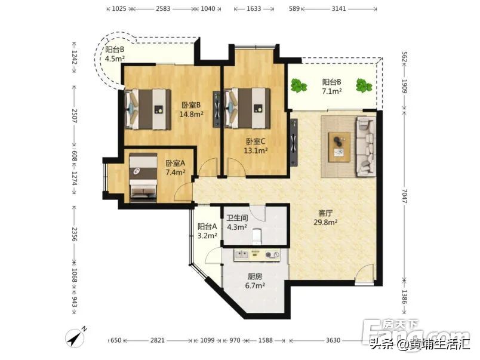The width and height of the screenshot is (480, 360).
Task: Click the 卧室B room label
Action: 191,105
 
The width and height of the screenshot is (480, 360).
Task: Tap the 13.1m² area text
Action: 256,150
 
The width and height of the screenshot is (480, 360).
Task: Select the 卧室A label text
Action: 176,163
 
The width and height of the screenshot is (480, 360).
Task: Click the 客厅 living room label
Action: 325,213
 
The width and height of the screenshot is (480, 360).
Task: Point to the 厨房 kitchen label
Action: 255,276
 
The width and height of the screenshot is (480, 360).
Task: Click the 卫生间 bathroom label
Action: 237,218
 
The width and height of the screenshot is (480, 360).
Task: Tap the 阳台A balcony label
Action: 207,226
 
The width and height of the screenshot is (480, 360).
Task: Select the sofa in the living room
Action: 366,147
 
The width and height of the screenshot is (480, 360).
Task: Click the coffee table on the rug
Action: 339,147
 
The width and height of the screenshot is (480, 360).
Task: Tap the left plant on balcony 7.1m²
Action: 299,85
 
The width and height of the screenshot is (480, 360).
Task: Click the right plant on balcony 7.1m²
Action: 364,85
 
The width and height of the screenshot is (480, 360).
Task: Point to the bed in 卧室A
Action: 143,177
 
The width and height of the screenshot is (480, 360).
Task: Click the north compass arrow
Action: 75,338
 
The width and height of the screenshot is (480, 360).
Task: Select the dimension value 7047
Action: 405,196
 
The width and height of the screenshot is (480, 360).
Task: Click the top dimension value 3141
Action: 339,8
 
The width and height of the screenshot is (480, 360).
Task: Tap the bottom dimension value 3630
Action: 333,340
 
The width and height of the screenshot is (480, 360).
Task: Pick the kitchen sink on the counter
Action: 241,254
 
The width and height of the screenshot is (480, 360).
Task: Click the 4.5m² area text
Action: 115,59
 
